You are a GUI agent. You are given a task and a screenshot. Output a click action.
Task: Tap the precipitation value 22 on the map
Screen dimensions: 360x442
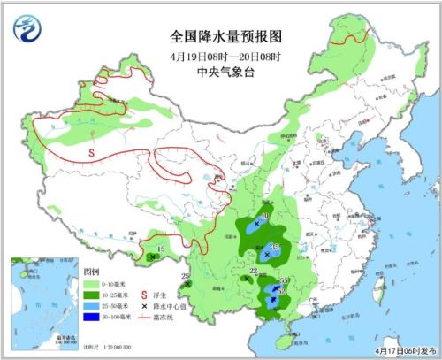tap(253, 271)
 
